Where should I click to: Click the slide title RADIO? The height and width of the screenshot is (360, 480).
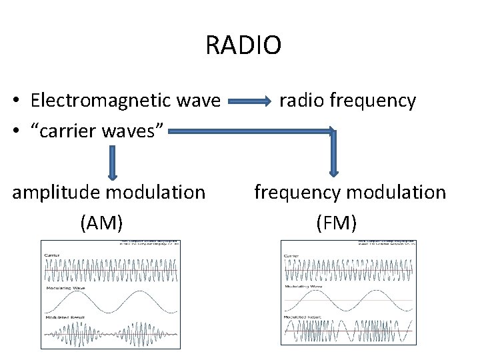[243, 45]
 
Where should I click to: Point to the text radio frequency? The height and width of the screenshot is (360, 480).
[347, 101]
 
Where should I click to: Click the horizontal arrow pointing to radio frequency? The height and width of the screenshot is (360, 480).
[250, 103]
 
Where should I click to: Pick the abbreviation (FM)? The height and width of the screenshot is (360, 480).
[336, 223]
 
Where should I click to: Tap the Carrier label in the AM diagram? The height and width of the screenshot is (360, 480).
[52, 255]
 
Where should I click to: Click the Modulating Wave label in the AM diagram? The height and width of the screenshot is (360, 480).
[61, 287]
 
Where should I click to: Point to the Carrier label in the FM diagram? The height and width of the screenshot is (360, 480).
[291, 255]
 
